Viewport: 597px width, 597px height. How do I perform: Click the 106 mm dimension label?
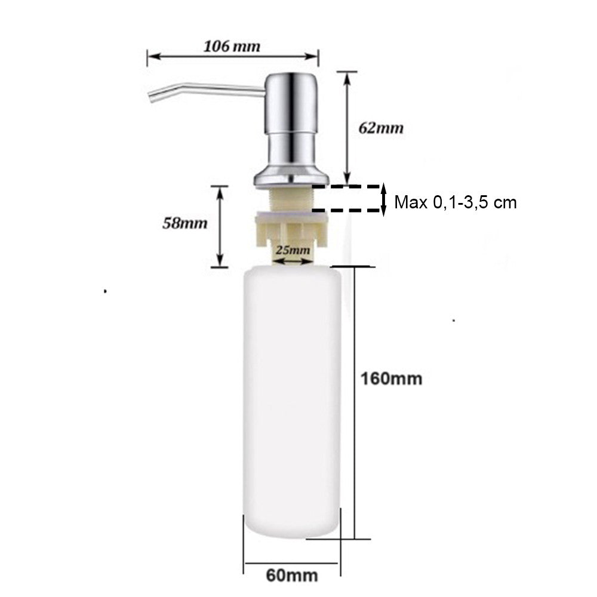(232, 47)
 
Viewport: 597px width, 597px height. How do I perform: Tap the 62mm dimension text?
(381, 128)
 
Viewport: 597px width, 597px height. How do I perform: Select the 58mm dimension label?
(185, 223)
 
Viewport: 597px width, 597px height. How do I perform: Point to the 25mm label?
(293, 250)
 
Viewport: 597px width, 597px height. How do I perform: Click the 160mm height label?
(392, 379)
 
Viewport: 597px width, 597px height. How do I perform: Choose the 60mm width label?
(292, 575)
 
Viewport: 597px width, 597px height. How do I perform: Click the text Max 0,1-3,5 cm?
(456, 202)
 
